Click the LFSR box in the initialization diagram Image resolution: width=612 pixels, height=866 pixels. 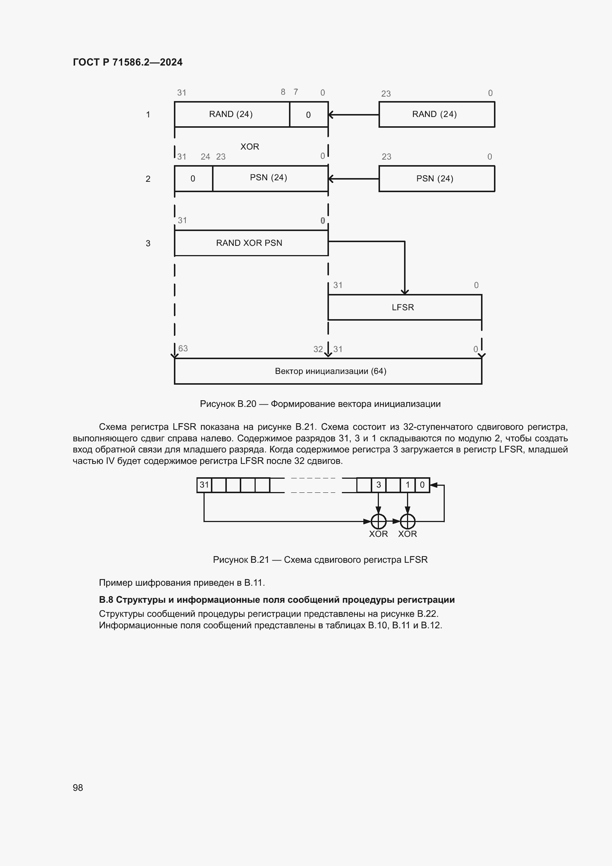[404, 307]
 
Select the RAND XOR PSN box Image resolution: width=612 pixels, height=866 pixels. [251, 243]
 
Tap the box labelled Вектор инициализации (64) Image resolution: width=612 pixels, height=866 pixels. [328, 371]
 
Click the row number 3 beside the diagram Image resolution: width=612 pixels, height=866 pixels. [148, 244]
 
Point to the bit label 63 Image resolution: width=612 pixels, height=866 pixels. [183, 348]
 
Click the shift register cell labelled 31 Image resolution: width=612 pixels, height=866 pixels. [204, 485]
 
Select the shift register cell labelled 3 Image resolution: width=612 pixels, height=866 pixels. [379, 485]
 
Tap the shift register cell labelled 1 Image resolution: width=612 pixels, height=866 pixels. [408, 485]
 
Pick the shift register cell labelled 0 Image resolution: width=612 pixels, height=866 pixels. [422, 485]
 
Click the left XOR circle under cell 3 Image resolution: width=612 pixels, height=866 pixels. [379, 521]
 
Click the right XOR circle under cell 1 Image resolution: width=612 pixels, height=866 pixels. [408, 521]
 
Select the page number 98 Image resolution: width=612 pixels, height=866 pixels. [78, 788]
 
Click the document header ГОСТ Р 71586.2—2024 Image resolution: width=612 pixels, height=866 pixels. [127, 62]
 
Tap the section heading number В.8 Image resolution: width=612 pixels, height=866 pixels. [106, 600]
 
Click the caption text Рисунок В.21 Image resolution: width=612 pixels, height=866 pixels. [241, 560]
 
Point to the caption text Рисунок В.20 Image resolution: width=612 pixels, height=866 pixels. [228, 404]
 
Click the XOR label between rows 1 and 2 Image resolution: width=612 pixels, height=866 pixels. [250, 147]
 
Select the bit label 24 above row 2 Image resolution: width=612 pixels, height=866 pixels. [205, 157]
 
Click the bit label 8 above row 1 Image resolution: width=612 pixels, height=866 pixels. [283, 92]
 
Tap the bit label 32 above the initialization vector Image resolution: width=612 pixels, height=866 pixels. [318, 349]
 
